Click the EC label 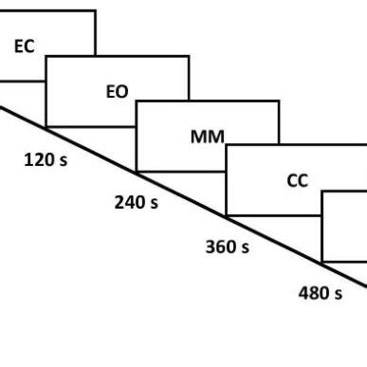tap(25, 46)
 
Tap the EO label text tap(117, 92)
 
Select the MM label tap(207, 137)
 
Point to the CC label tap(297, 181)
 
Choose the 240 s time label tap(136, 203)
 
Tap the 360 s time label tap(227, 248)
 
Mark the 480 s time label tap(320, 293)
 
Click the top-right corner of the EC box tap(96, 10)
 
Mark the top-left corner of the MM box tap(137, 101)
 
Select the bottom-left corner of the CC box tap(227, 215)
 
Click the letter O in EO tap(122, 92)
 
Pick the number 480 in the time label tap(313, 293)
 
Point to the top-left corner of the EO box tap(46, 56)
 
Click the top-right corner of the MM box tap(279, 101)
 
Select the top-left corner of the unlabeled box tap(322, 192)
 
